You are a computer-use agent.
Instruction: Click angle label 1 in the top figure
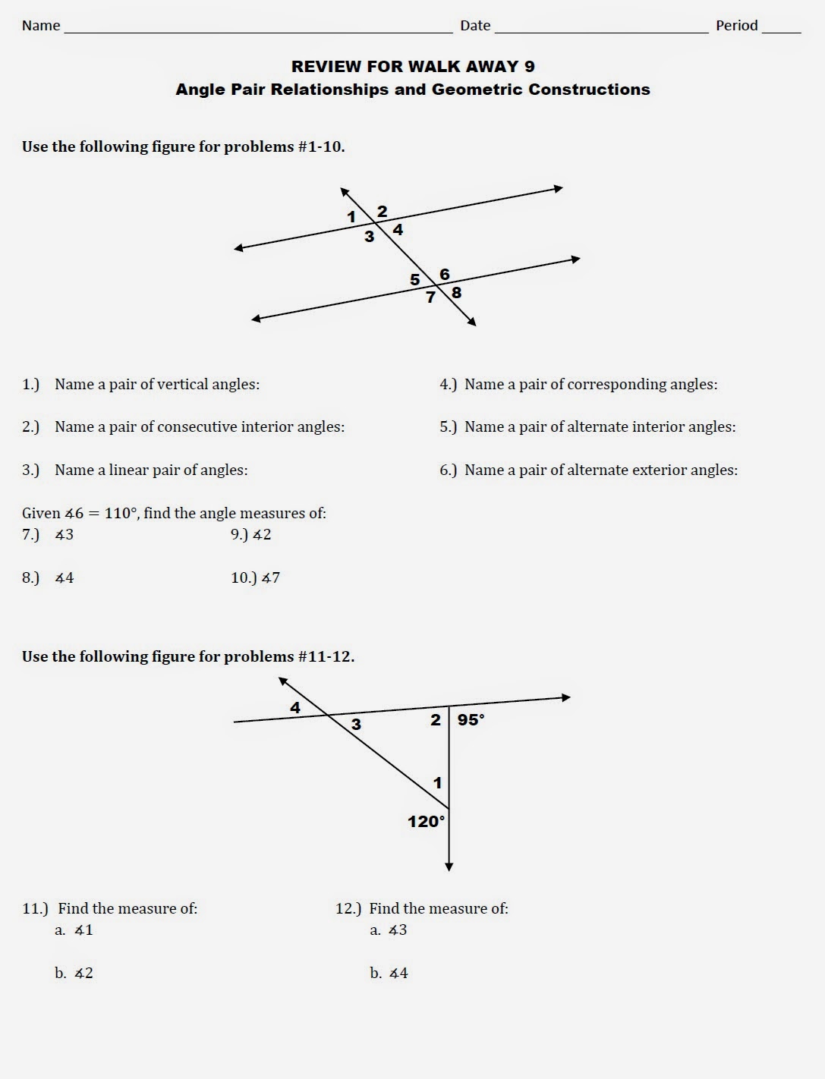[351, 217]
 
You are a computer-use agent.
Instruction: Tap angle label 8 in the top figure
[456, 293]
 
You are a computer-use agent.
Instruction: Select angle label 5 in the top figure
[414, 280]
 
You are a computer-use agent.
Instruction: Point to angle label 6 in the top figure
[445, 275]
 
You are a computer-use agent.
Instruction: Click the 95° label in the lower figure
[471, 719]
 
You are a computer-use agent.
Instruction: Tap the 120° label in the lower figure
[426, 821]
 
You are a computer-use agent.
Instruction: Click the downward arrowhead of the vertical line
[449, 866]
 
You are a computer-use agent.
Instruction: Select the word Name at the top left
[41, 26]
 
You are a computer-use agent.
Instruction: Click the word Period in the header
[736, 26]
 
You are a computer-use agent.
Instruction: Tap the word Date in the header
[475, 26]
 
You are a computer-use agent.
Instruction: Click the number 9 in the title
[529, 67]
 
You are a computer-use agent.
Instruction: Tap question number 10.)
[243, 578]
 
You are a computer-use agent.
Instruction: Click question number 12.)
[348, 908]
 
